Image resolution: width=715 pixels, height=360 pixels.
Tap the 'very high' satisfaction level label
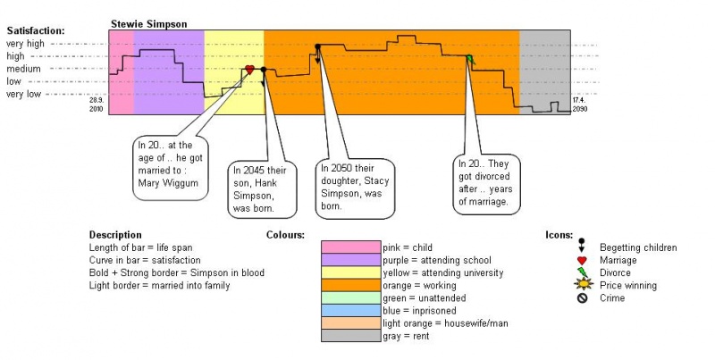click(x=24, y=43)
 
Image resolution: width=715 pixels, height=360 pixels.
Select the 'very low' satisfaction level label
click(x=24, y=93)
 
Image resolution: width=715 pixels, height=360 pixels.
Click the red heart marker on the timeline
click(x=250, y=70)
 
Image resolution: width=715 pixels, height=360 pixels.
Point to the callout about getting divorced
click(x=486, y=181)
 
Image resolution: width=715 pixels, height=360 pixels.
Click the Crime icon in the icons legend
click(x=582, y=298)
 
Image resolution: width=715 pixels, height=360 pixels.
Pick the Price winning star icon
click(x=582, y=285)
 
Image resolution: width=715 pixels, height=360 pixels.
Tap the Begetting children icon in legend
click(x=582, y=245)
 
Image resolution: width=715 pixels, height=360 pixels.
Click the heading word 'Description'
click(x=115, y=234)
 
